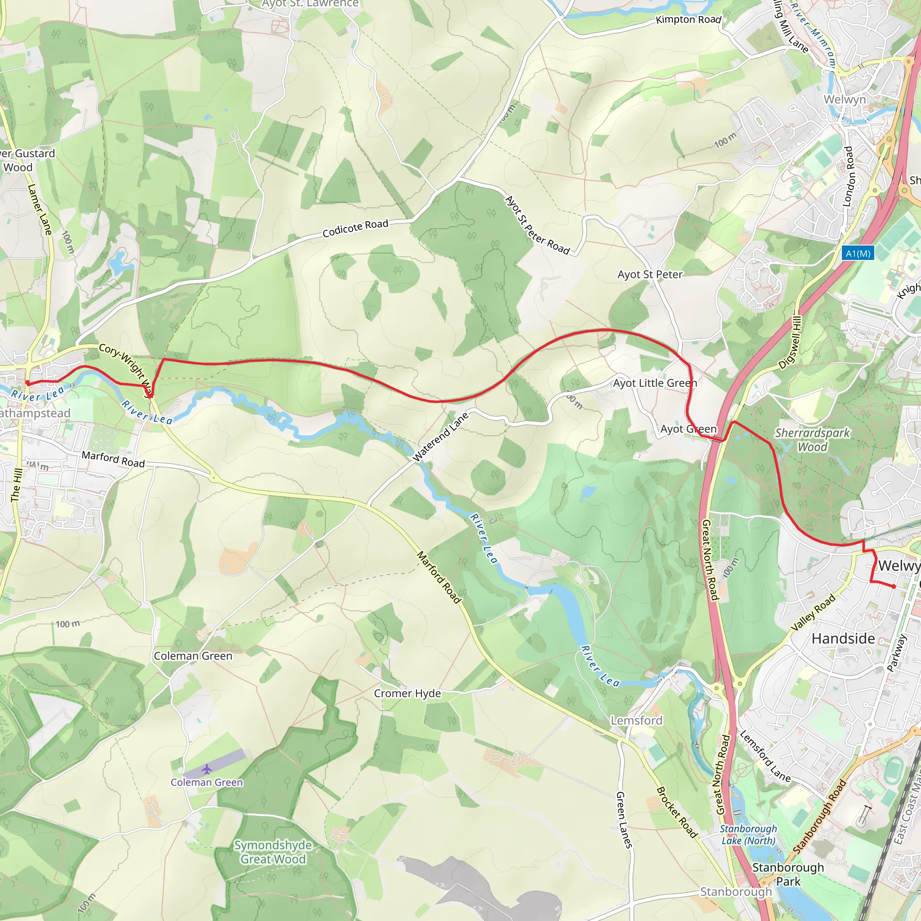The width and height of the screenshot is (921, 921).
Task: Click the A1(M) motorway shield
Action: coord(858,253)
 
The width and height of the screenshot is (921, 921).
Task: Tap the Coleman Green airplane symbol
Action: coord(206,769)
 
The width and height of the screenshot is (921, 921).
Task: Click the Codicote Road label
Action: coord(355,228)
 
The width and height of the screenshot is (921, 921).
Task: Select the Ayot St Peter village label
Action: coord(650,275)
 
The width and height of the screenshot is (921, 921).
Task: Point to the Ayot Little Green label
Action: coord(654,383)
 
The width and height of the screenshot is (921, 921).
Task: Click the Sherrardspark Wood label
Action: coord(812,439)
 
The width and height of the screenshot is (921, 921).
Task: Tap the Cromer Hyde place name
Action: coord(407,693)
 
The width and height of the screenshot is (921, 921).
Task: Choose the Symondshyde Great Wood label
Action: coord(273,852)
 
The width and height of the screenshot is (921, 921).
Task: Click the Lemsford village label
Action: coord(636,720)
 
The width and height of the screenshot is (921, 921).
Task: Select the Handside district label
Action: coord(843,639)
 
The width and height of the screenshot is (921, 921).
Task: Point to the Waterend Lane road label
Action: coord(440,437)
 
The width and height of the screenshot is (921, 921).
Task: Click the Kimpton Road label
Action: coord(688,19)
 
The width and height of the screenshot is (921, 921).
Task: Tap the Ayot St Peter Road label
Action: coord(537,225)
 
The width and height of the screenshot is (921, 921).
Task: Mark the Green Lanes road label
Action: coord(624,819)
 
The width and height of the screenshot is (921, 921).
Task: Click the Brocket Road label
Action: coord(677,811)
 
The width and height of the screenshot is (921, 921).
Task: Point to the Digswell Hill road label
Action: coord(791,342)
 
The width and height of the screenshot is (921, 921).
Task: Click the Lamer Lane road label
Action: coord(40,210)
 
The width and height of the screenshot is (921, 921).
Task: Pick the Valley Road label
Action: coord(813,613)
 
